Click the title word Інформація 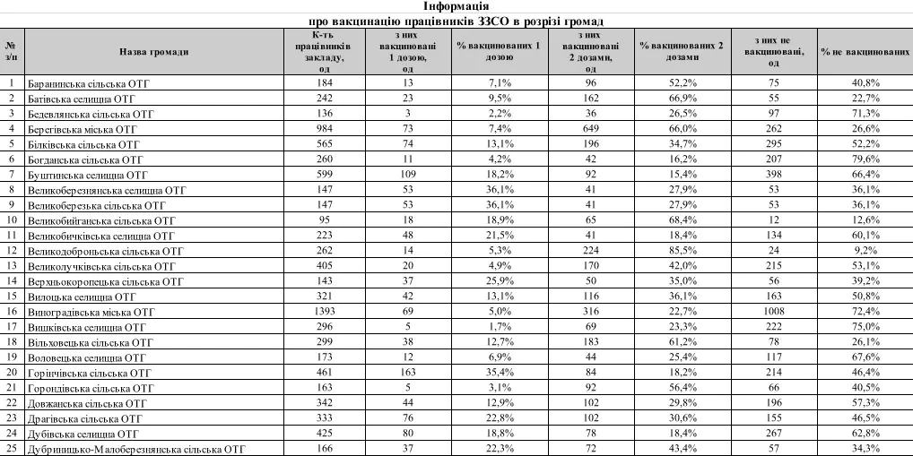click(456, 6)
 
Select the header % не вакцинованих click(864, 52)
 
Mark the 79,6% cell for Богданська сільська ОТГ click(864, 159)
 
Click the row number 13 click(11, 265)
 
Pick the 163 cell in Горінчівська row click(408, 372)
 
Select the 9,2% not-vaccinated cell click(864, 250)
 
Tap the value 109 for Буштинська click(408, 174)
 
